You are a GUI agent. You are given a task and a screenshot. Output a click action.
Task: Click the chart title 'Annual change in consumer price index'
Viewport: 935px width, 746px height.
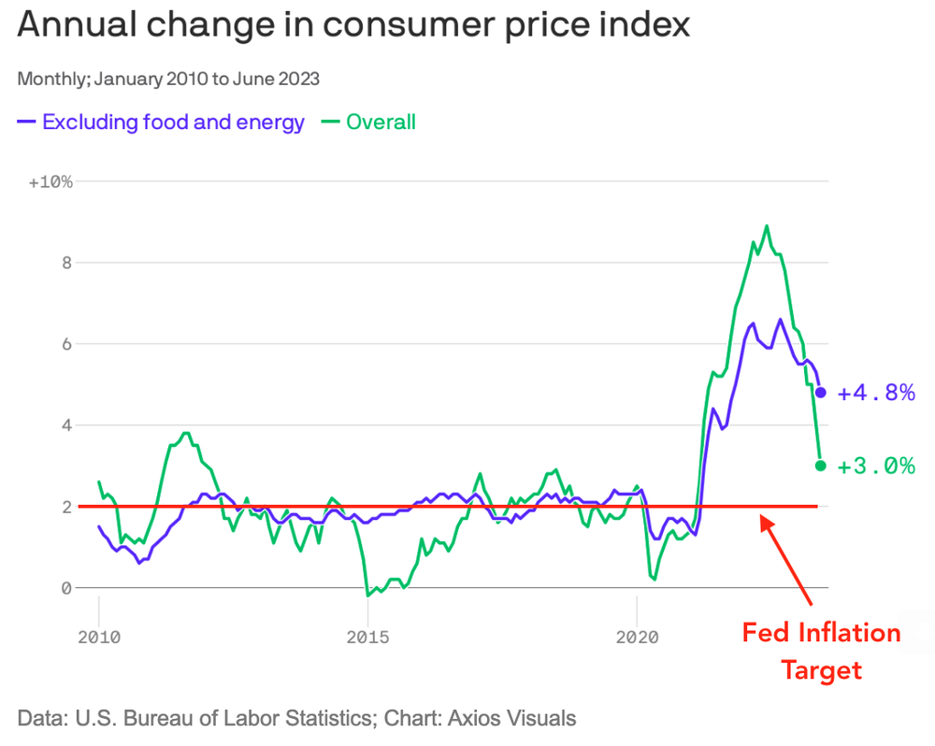click(353, 25)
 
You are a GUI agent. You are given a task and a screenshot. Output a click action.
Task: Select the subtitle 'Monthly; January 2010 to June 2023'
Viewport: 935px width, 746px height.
click(168, 79)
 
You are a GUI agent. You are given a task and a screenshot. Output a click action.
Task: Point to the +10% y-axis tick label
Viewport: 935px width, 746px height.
click(50, 181)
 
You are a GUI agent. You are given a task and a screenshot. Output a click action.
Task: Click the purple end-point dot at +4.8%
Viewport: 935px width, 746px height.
click(821, 393)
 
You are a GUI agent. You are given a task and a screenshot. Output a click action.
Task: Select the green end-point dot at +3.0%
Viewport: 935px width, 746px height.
click(821, 466)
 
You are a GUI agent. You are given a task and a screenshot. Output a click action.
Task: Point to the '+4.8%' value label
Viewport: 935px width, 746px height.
click(876, 393)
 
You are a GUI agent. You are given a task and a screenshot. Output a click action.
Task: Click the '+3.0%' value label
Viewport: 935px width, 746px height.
click(876, 466)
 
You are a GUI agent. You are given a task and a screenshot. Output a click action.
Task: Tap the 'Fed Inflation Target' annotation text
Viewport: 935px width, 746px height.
click(821, 652)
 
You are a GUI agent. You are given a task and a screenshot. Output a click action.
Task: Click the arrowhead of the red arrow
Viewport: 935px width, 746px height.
click(765, 520)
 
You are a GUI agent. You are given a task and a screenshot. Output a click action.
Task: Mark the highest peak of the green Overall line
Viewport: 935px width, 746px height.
click(767, 225)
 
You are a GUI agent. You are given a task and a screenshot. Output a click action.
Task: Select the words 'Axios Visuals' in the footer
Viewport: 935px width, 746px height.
click(512, 718)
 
